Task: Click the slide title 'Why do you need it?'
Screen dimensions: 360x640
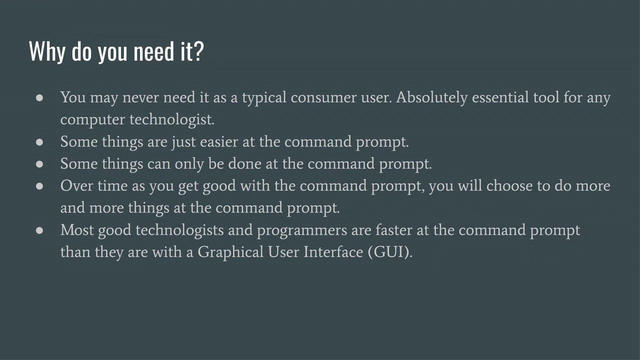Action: click(x=116, y=51)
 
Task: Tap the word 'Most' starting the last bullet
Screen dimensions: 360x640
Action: click(x=77, y=230)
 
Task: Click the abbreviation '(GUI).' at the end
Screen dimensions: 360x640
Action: click(x=390, y=251)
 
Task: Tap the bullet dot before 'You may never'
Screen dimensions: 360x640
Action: click(x=40, y=97)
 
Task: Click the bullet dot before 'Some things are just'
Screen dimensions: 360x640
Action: click(x=40, y=142)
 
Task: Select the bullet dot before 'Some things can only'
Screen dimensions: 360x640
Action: click(x=40, y=164)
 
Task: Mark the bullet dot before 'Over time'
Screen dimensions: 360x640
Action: click(x=40, y=186)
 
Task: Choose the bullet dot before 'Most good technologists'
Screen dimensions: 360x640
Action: click(x=40, y=230)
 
